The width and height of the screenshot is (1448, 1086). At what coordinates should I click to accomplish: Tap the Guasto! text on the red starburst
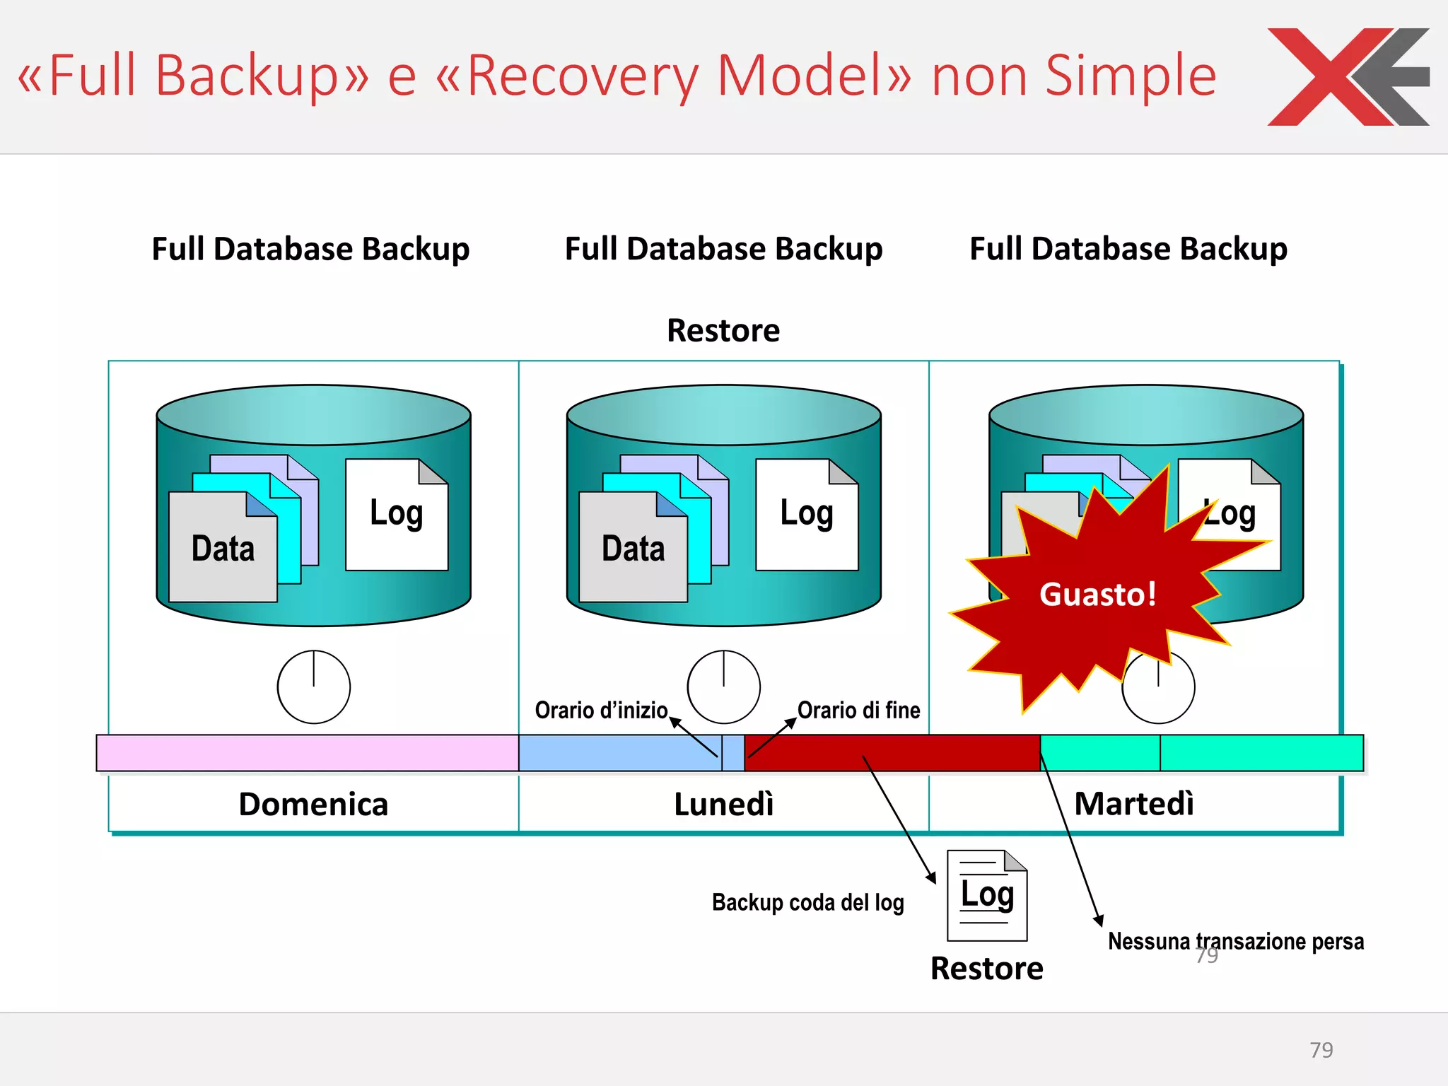tap(1097, 594)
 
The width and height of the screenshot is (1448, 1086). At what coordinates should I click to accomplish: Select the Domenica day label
tap(313, 805)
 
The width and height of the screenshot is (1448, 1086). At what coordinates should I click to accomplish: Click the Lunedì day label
tap(723, 805)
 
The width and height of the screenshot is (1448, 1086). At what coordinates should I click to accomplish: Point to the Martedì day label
tap(1134, 804)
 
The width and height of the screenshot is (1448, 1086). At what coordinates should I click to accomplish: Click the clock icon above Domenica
tap(313, 687)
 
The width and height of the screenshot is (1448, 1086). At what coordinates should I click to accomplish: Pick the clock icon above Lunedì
tap(723, 687)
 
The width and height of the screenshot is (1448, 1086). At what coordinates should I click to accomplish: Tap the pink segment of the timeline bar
tap(308, 753)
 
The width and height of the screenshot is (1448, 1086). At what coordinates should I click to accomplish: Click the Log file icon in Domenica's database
tap(397, 515)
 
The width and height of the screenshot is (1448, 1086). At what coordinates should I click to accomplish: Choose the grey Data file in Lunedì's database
tap(633, 549)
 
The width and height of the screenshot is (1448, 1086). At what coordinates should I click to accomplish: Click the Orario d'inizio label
tap(601, 710)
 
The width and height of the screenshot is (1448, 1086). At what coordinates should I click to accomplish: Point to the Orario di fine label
tap(858, 710)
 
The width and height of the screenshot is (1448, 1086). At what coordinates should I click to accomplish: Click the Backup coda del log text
tap(807, 902)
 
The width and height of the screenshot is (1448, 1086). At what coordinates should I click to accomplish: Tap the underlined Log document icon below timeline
tap(987, 895)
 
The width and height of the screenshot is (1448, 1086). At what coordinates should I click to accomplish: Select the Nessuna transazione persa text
tap(1236, 941)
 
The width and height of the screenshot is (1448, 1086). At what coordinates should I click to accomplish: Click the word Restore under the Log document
tap(986, 969)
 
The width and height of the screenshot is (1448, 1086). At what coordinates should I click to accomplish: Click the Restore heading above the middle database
tap(723, 330)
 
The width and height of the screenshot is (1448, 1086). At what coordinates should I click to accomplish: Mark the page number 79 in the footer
tap(1321, 1050)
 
